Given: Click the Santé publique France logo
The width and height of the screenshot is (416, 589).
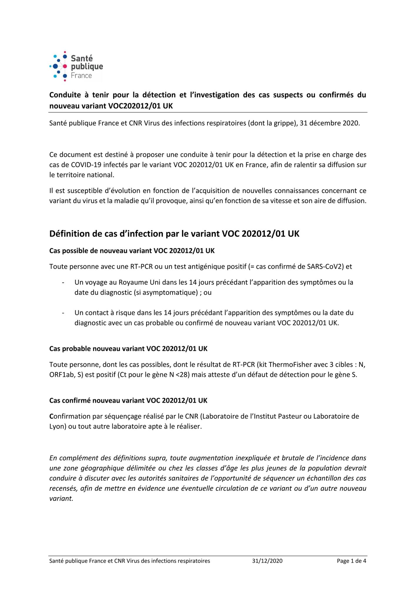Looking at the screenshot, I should click(x=76, y=67).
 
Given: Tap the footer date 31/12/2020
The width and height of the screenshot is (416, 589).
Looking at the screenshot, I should click(x=267, y=561).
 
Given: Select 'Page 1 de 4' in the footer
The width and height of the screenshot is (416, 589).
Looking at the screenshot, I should click(x=351, y=561).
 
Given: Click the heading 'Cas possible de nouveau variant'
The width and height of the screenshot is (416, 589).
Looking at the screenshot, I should click(x=132, y=251).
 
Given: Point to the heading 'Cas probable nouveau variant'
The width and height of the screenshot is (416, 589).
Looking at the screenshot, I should click(x=128, y=349).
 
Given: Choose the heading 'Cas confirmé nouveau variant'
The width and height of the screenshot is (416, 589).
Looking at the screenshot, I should click(x=128, y=401).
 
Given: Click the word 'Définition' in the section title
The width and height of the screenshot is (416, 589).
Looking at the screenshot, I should click(x=69, y=234).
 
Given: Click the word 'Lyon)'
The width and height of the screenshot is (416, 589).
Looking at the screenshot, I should click(x=58, y=426).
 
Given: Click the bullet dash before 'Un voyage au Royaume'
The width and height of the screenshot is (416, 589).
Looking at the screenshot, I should click(x=63, y=283).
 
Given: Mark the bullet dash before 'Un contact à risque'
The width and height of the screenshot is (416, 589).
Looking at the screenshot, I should click(x=63, y=313).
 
